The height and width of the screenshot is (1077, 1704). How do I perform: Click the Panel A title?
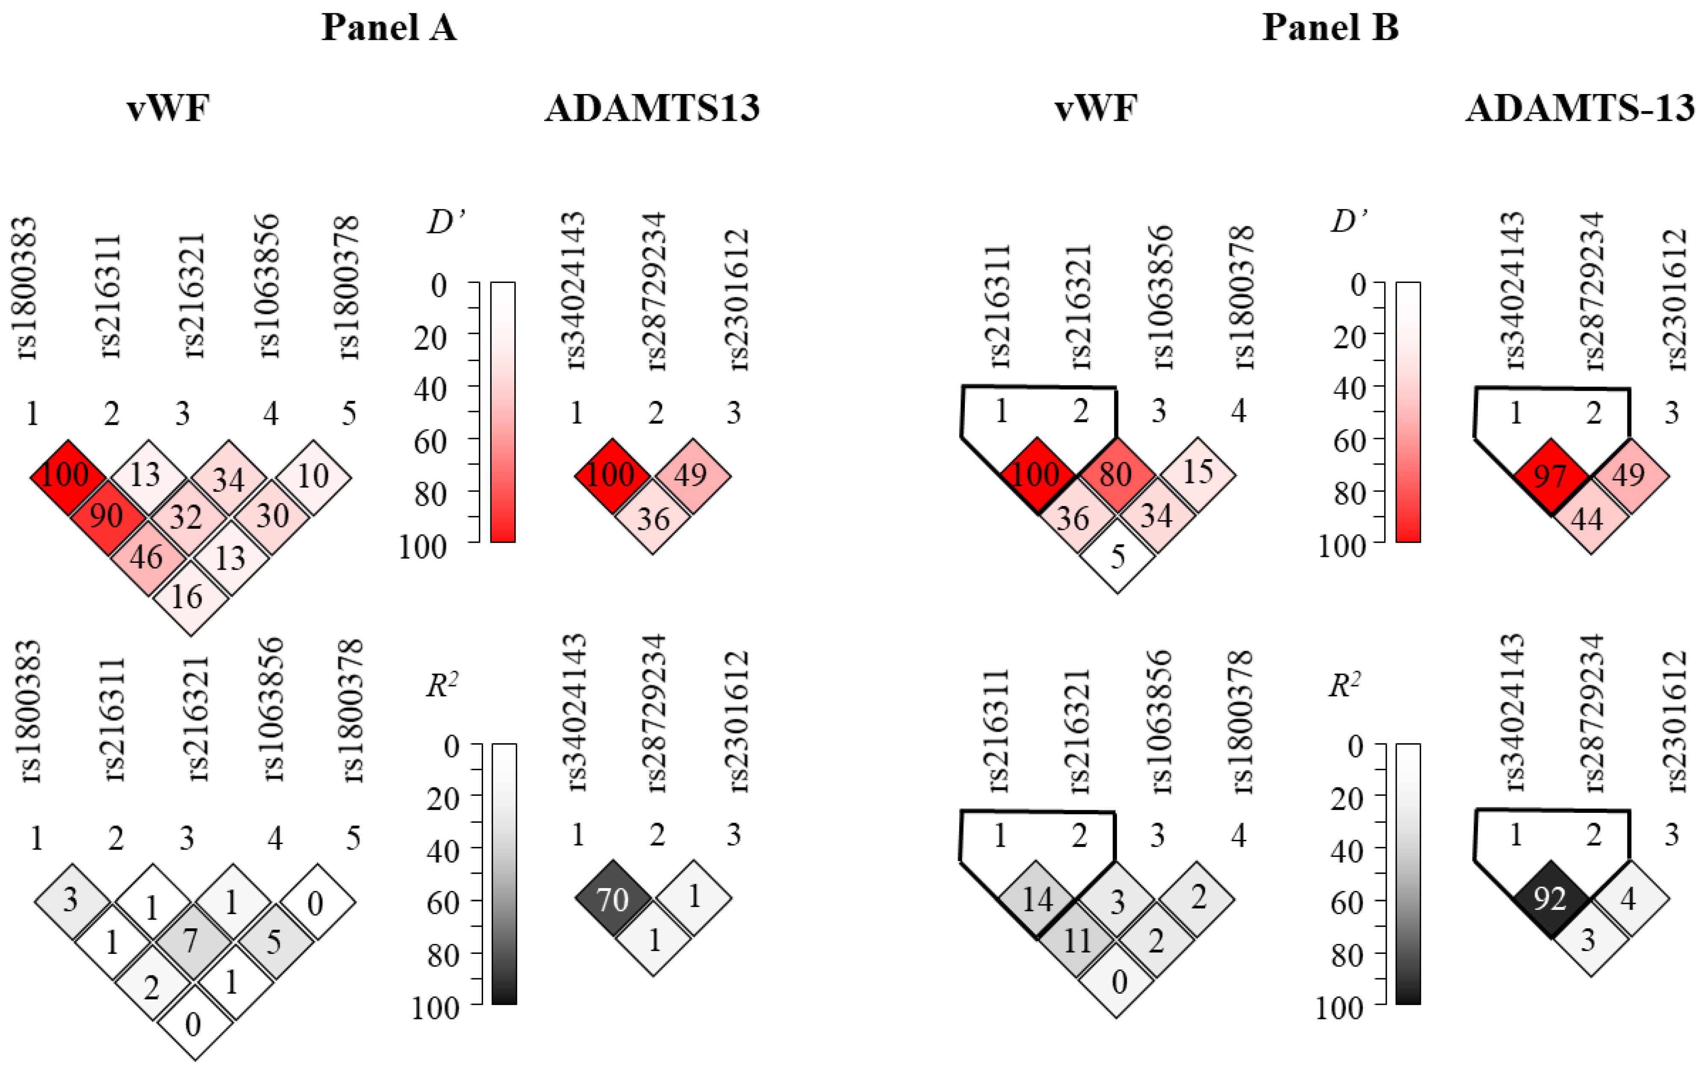coord(389,28)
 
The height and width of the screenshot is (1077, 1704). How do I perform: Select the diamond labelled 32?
coord(186,517)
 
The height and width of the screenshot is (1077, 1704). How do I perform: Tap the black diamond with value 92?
coord(1550,899)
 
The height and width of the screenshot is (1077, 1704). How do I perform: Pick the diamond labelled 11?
coord(1076,940)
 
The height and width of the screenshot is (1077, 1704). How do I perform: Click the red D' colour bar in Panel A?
coord(502,412)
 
